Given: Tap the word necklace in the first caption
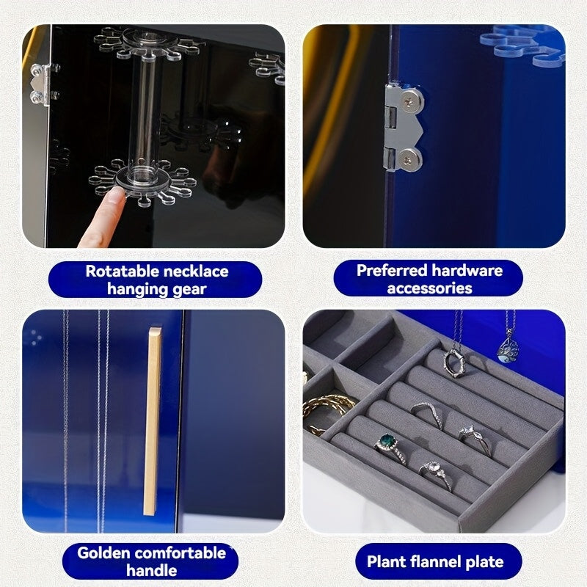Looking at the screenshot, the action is [196, 271].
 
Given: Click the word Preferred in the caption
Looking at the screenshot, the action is [392, 270].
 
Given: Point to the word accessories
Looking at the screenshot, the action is [429, 288].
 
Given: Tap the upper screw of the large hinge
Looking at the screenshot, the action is [410, 101].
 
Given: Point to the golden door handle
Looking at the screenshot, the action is [152, 421].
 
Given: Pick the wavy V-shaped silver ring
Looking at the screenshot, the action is [427, 415].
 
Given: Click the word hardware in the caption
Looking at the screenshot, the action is [467, 270].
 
